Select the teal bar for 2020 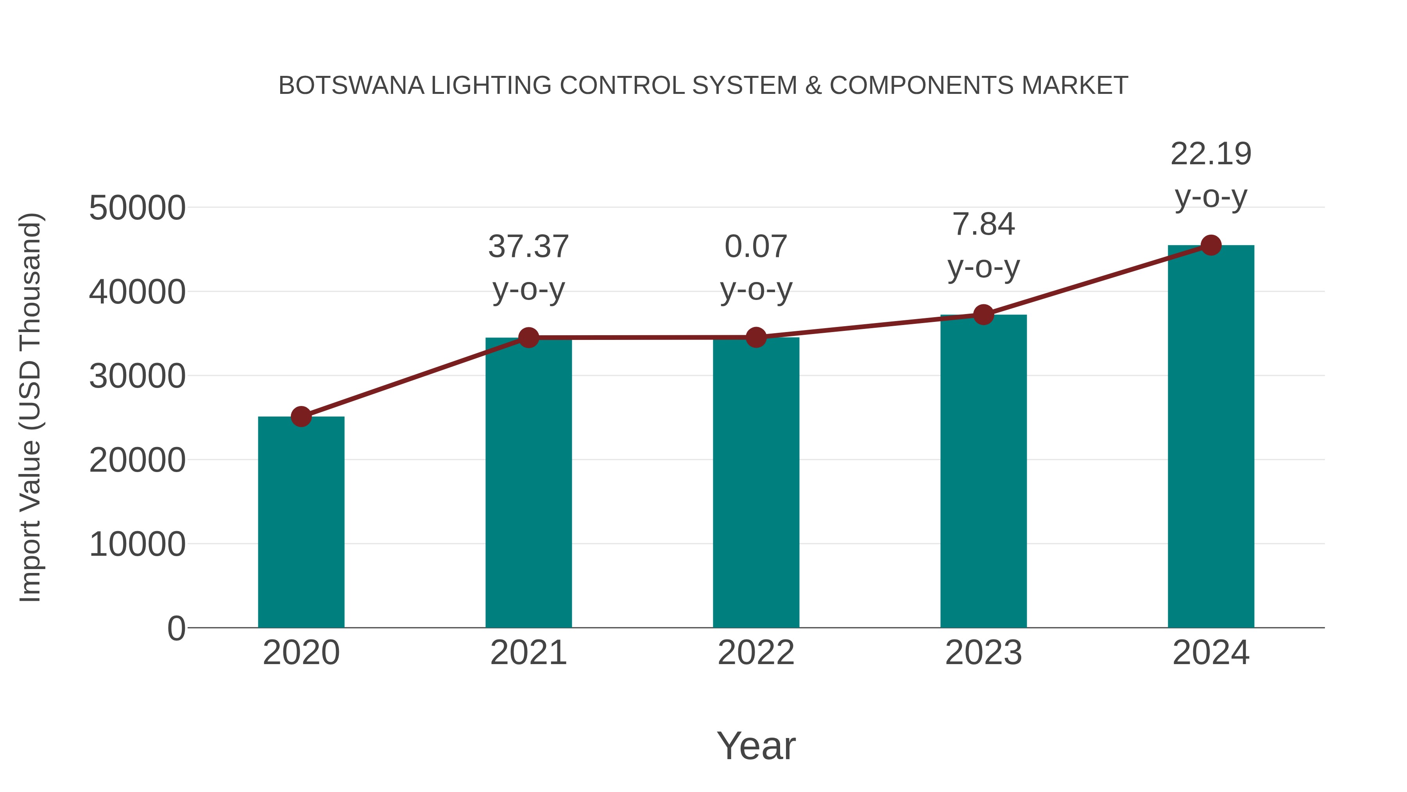(301, 522)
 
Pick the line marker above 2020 (301, 417)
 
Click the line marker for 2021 (529, 338)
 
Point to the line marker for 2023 (983, 314)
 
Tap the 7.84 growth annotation (983, 224)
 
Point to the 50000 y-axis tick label (137, 208)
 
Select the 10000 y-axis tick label (137, 544)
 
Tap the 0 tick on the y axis (176, 629)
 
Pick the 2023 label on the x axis (983, 653)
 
